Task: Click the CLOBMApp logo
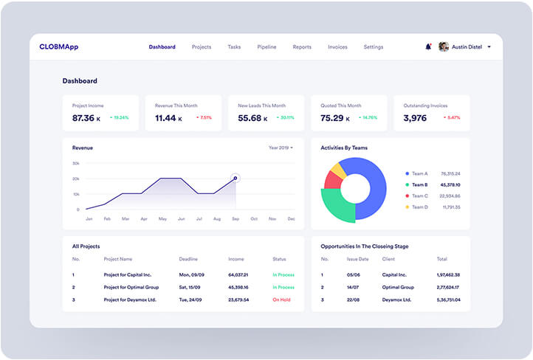(58, 47)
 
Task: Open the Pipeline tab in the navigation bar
(266, 47)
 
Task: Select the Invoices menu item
(337, 47)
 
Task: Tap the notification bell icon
(428, 47)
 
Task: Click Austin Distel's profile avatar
(444, 47)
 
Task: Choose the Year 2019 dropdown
(281, 148)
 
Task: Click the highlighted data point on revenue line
(235, 178)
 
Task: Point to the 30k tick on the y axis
(76, 163)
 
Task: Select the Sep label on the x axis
(235, 219)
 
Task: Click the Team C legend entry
(419, 196)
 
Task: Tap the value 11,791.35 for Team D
(450, 207)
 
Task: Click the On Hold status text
(281, 300)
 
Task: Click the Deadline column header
(188, 260)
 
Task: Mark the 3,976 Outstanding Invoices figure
(416, 118)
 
